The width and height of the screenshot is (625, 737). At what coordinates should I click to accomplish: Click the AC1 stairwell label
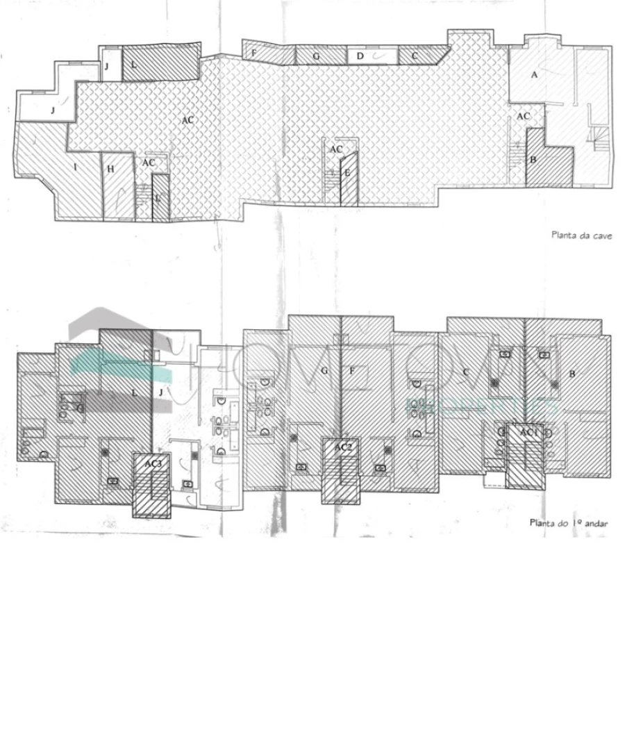[530, 432]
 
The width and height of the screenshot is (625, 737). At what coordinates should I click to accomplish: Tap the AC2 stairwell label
[343, 447]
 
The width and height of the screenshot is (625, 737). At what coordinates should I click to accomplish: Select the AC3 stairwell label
[153, 462]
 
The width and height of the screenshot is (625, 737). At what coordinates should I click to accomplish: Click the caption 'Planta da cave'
[581, 235]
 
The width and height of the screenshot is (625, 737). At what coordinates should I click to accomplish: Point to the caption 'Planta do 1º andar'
[569, 523]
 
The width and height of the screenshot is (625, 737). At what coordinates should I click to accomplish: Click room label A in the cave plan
[534, 75]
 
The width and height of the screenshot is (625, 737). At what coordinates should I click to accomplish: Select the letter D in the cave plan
[360, 56]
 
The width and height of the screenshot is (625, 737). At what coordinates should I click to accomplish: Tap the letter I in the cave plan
[74, 167]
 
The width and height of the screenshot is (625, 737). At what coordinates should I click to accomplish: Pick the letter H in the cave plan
[110, 168]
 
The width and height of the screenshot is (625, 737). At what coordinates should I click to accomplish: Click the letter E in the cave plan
[347, 172]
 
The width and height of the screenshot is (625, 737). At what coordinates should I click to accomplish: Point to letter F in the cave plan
[254, 53]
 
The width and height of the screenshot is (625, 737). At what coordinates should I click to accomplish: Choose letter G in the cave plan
[316, 56]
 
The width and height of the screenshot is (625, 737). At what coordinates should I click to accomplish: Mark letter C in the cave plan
[415, 55]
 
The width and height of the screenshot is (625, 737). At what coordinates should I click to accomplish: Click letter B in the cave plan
[533, 160]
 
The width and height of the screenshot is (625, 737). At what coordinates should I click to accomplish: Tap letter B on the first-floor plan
[572, 374]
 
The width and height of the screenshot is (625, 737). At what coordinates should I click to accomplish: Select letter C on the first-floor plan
[465, 372]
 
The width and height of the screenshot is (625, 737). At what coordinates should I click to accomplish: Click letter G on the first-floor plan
[324, 370]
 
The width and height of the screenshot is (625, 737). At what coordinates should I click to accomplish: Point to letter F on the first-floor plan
[352, 370]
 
